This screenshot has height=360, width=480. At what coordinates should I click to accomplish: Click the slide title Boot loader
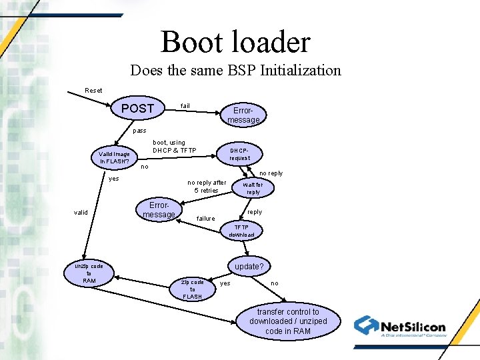click(235, 42)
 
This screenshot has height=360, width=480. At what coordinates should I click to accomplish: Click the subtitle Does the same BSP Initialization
click(235, 70)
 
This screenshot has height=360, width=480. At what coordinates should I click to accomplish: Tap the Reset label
click(93, 90)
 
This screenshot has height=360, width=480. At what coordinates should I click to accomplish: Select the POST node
click(137, 108)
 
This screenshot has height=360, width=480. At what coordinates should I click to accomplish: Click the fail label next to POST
click(185, 105)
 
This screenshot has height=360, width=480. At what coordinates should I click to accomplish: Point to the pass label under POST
click(139, 131)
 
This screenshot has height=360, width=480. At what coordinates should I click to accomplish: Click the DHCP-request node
click(240, 154)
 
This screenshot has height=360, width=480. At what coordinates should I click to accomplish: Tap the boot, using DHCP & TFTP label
click(174, 146)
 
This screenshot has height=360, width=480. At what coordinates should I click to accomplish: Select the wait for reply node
click(253, 188)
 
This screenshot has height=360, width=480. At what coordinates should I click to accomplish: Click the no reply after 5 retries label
click(207, 186)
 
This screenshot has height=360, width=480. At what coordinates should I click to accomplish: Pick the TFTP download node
click(241, 231)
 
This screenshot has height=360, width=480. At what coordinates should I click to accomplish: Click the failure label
click(205, 219)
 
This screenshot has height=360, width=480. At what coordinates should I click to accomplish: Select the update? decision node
click(249, 267)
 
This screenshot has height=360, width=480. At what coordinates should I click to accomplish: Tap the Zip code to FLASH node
click(192, 289)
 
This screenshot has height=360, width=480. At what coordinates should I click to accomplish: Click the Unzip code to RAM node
click(89, 273)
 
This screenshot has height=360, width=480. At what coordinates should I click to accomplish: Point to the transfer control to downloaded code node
click(288, 321)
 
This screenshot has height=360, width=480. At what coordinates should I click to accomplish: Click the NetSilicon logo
click(400, 327)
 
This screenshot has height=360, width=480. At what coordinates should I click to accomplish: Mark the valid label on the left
click(80, 213)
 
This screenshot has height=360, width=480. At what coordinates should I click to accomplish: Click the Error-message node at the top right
click(243, 115)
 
